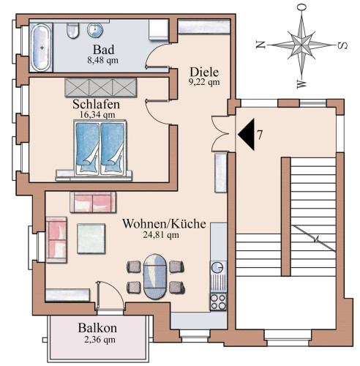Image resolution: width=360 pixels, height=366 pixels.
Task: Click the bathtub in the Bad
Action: tap(41, 48)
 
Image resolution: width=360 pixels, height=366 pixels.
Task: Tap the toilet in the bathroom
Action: tap(72, 31)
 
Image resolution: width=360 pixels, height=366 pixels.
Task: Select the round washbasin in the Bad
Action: tap(95, 30)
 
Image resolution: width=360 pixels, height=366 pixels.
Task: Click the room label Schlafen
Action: tap(96, 105)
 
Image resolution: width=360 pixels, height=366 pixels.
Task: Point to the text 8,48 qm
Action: tap(102, 60)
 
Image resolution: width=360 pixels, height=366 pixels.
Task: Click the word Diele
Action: tap(204, 72)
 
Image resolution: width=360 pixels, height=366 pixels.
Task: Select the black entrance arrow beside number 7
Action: tap(247, 134)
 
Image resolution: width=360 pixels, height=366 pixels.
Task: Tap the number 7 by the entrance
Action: tap(260, 135)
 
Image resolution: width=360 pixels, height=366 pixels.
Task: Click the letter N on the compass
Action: tap(260, 45)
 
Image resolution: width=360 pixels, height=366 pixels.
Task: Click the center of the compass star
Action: tap(301, 45)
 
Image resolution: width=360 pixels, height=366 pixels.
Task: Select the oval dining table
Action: tap(155, 277)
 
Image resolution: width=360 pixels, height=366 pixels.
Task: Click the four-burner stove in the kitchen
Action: tap(218, 302)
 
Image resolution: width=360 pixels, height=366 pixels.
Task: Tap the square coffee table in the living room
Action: tap(91, 239)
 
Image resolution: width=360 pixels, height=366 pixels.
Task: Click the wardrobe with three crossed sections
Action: tap(100, 87)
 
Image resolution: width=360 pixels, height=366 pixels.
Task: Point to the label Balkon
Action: tap(97, 328)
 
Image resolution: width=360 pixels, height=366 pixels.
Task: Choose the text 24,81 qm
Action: tap(161, 235)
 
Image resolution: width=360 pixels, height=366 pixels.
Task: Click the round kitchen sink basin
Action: tap(217, 268)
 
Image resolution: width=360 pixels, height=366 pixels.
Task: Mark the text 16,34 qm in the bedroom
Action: tap(97, 115)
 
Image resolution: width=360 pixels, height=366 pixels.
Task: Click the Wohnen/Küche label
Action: tap(164, 224)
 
